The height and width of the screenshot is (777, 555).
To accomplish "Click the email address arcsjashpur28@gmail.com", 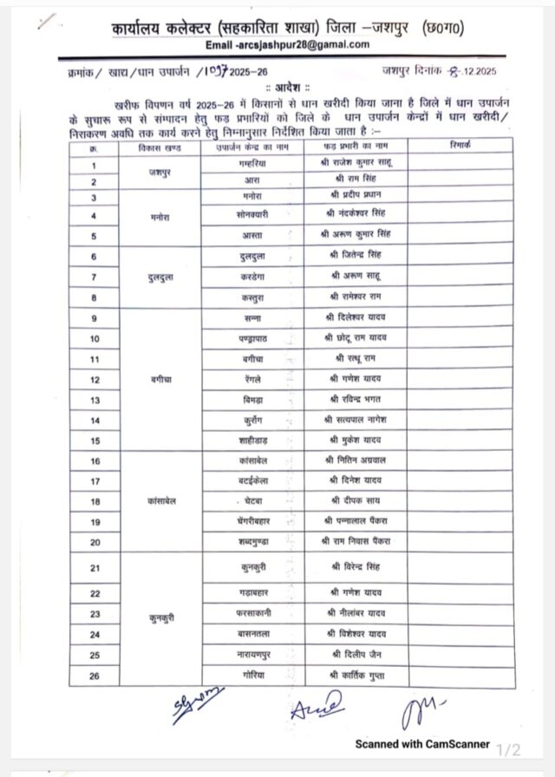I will tap(288, 46).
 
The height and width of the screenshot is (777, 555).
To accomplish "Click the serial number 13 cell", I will tap(95, 400).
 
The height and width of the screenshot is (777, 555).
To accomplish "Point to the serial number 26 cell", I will tap(95, 675).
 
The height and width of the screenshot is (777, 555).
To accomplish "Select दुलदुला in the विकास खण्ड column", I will tap(160, 277).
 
